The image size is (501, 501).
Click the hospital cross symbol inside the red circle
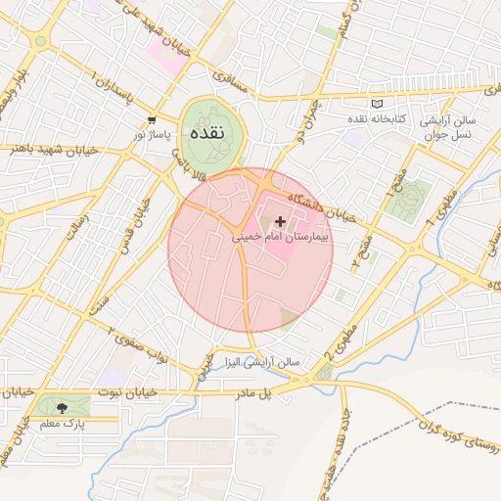pos(281,222)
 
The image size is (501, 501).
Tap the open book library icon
pos(379,104)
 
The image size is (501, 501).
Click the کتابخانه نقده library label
pos(378,118)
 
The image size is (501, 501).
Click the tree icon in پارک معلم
pos(63,408)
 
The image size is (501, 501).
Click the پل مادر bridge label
pos(277,392)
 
